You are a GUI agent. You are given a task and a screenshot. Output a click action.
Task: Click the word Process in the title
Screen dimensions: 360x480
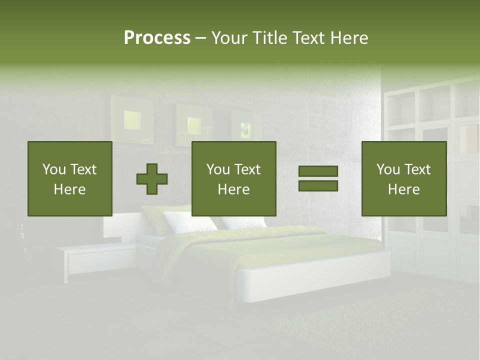tap(157, 38)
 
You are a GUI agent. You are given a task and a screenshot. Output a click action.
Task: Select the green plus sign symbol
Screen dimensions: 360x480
tap(152, 179)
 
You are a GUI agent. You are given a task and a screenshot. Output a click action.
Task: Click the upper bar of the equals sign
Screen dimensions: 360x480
tap(318, 171)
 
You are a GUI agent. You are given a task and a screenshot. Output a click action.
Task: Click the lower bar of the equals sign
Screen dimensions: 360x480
tap(318, 186)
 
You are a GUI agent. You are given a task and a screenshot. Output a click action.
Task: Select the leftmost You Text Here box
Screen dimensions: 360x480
tap(69, 178)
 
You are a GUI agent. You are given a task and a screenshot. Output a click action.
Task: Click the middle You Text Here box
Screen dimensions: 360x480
tap(233, 178)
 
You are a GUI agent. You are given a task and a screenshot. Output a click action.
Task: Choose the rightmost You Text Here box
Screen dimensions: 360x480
tap(403, 178)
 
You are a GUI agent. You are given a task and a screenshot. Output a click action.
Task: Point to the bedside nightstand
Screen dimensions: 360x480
tap(95, 257)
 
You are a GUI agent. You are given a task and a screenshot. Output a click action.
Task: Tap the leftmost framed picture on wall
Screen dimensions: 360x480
tap(132, 119)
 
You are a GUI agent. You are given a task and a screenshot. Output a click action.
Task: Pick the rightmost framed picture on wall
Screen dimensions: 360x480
tap(246, 127)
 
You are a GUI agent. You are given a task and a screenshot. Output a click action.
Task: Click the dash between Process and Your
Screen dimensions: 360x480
tap(201, 38)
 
